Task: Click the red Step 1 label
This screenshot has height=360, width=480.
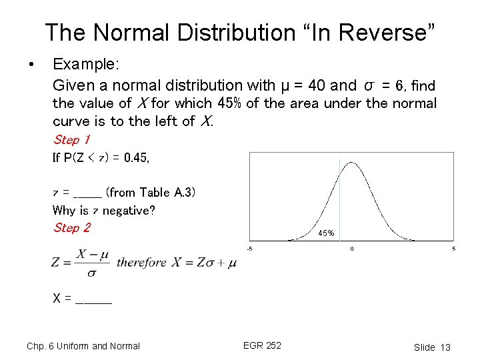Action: pos(71,140)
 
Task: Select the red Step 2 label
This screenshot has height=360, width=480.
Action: pos(71,228)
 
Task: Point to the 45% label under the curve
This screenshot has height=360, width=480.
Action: pos(326,233)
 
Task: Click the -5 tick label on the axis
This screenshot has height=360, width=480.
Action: pos(249,249)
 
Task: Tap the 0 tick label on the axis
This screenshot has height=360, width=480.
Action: pos(352,249)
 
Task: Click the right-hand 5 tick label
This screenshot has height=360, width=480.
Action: pos(454,249)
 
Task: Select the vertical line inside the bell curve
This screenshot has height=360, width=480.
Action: pos(339,200)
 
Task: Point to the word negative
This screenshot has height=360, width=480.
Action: pos(129,211)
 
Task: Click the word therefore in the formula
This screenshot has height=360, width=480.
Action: pos(141,262)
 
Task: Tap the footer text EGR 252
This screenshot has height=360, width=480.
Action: pos(262,345)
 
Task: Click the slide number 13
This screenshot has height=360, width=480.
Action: pos(445,347)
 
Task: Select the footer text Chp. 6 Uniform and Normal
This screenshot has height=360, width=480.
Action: pos(83,346)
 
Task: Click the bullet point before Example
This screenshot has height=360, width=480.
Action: pos(31,65)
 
